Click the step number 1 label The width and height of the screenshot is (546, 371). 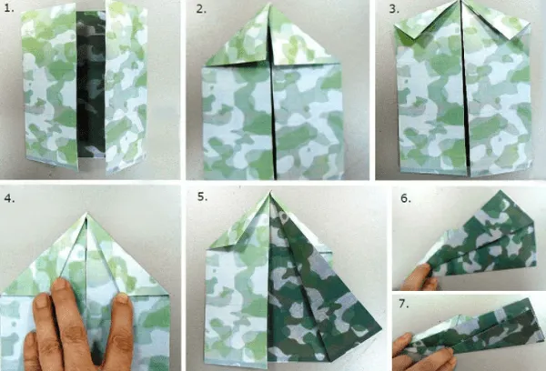pos(9,8)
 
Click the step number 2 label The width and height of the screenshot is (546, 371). pos(201,9)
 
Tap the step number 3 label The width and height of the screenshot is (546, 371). pos(394,9)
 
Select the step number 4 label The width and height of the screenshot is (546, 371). pos(9,198)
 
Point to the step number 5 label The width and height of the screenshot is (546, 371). pos(202,196)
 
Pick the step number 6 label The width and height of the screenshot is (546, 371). pos(406,198)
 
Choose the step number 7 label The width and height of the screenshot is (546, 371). pos(403,304)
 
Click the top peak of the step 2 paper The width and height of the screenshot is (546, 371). pos(270,5)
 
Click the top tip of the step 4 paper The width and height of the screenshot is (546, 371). pos(86,214)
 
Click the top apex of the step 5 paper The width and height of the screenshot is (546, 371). pos(270,192)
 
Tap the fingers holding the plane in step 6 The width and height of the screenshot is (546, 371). pos(420,277)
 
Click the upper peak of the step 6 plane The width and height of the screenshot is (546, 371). pos(500,191)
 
